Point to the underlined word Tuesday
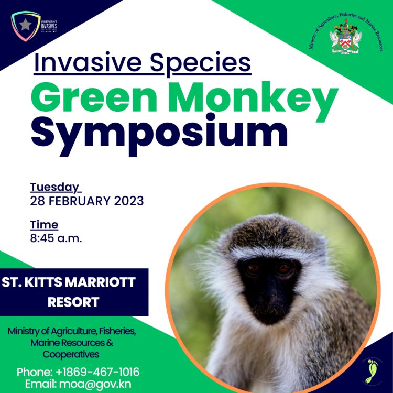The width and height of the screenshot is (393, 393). (55, 187)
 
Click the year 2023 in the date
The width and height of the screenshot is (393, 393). (127, 201)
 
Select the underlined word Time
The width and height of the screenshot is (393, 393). (44, 225)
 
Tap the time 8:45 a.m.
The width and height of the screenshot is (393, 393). (56, 238)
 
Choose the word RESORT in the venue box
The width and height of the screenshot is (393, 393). (73, 302)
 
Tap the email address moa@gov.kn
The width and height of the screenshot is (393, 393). (102, 384)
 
